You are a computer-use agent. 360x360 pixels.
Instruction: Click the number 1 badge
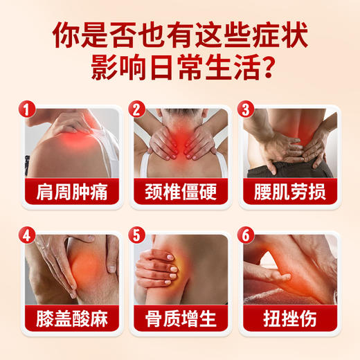click(x=26, y=109)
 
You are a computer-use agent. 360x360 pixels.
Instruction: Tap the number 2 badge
click(x=136, y=109)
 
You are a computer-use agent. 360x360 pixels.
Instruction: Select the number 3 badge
click(x=245, y=109)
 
